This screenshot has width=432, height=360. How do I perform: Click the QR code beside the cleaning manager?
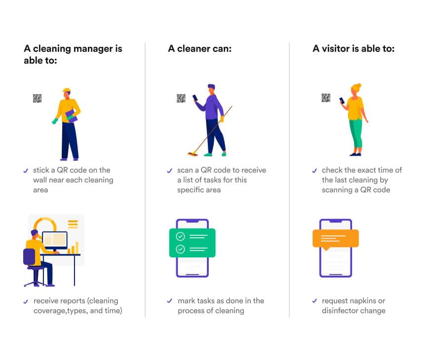(x=37, y=98)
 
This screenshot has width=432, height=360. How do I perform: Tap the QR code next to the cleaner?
(x=181, y=98)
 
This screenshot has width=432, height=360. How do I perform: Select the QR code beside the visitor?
(x=326, y=98)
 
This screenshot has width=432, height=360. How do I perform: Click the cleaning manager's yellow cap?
(x=66, y=90)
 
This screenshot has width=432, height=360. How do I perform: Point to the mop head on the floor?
(x=193, y=154)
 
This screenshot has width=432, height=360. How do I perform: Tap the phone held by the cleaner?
(x=195, y=98)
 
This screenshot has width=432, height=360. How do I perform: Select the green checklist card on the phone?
(x=193, y=243)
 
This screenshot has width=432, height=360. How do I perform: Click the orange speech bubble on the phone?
(x=336, y=239)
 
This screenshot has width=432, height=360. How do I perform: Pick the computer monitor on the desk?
(x=55, y=240)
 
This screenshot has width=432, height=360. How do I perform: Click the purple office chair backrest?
(x=29, y=257)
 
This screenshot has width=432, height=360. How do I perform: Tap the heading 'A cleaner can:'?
(x=200, y=49)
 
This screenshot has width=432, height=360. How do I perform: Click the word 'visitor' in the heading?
(x=336, y=49)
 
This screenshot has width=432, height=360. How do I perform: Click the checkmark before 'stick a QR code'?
(x=26, y=171)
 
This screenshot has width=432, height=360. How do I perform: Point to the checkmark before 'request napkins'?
(x=314, y=301)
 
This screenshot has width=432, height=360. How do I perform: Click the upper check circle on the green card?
(x=180, y=236)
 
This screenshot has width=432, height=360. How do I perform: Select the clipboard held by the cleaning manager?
(x=71, y=116)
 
